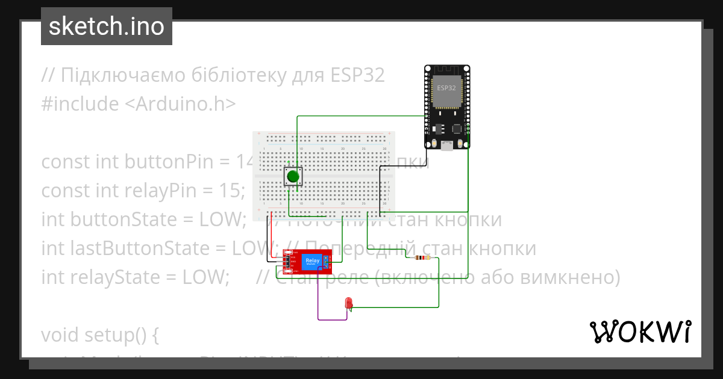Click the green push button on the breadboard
click(x=293, y=176)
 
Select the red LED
click(x=348, y=304)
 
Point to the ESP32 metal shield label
click(x=446, y=88)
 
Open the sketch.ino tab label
click(x=107, y=26)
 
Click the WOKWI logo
click(x=640, y=331)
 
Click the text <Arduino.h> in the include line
click(x=180, y=104)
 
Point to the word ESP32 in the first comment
click(x=357, y=76)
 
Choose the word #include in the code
click(x=80, y=104)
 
